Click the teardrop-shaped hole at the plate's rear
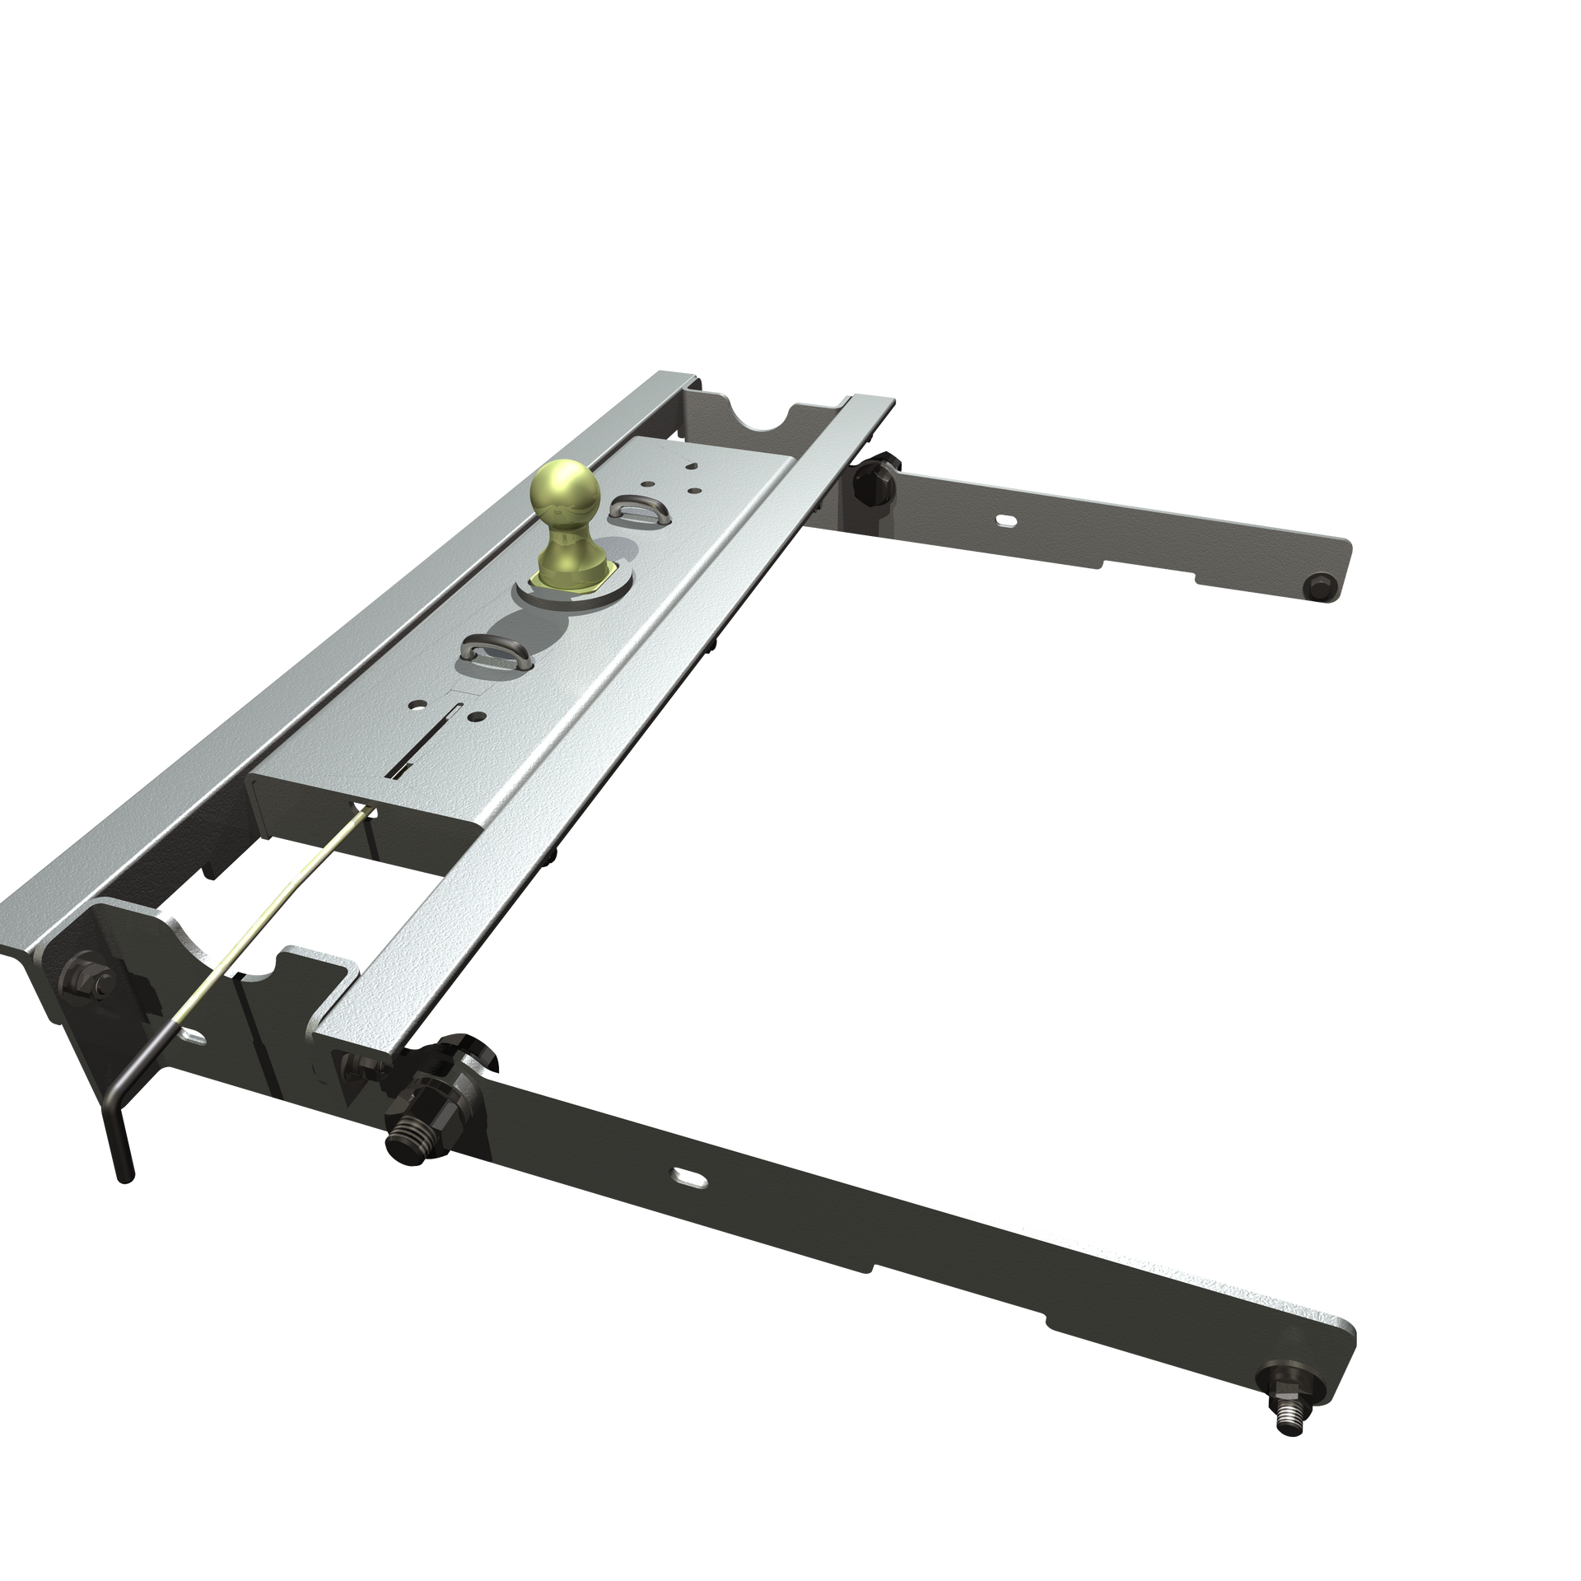pos(691,463)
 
